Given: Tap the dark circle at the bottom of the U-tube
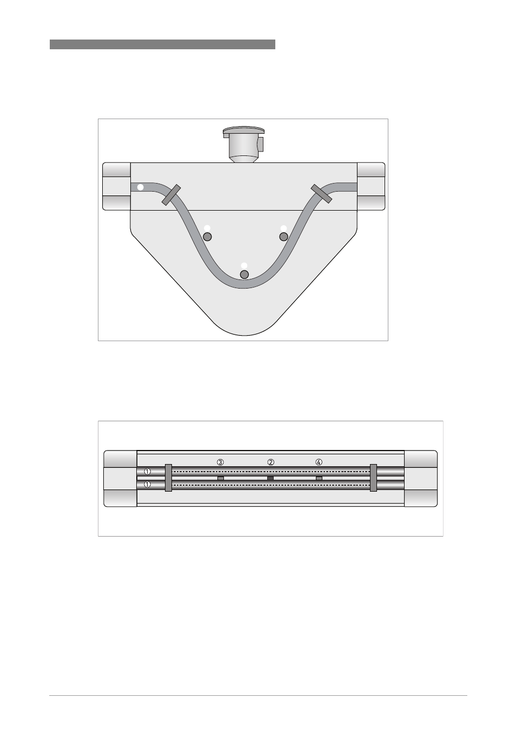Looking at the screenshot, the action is [x=244, y=275].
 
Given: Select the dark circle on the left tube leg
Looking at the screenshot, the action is [x=207, y=237].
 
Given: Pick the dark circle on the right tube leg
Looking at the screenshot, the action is [x=283, y=237].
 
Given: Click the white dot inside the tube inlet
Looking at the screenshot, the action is [x=141, y=187].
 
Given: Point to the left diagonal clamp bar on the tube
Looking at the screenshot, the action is [x=171, y=195].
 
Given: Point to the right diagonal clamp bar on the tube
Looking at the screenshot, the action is [x=321, y=193].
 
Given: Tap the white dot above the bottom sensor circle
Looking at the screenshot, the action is [x=244, y=266].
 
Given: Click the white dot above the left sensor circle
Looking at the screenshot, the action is [x=207, y=228].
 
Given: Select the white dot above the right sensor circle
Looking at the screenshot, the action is [x=283, y=228].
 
